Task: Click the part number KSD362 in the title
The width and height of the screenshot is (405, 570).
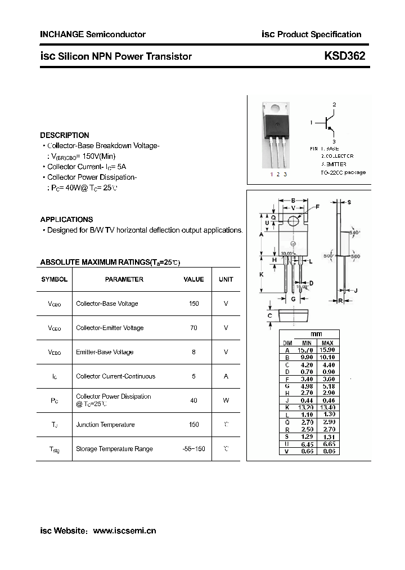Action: click(x=344, y=56)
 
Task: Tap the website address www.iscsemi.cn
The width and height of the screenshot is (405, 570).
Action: click(x=124, y=531)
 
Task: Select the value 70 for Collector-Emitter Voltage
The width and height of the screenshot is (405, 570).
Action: click(x=194, y=328)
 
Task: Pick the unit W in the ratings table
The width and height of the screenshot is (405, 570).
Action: click(x=226, y=400)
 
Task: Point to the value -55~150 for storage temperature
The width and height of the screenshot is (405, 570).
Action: click(x=194, y=449)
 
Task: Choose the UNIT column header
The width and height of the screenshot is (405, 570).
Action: click(x=226, y=279)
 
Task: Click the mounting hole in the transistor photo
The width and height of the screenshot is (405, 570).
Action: click(x=276, y=108)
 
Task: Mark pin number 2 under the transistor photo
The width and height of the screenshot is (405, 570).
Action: click(x=278, y=175)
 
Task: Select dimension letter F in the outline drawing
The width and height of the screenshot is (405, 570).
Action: click(x=317, y=207)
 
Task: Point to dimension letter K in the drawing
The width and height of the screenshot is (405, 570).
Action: click(x=262, y=274)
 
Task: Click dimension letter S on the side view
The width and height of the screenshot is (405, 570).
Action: click(x=349, y=202)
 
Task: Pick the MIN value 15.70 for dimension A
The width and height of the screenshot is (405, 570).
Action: click(x=307, y=350)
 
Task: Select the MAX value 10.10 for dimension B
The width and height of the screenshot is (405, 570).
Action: click(x=328, y=357)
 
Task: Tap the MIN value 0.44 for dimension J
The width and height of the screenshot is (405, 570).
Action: click(x=307, y=400)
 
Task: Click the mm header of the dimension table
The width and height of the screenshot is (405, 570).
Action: click(x=317, y=335)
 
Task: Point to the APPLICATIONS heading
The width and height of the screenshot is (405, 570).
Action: click(x=66, y=220)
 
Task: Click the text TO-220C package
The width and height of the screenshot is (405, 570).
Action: click(x=343, y=172)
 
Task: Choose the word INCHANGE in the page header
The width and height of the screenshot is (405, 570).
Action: click(x=61, y=34)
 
